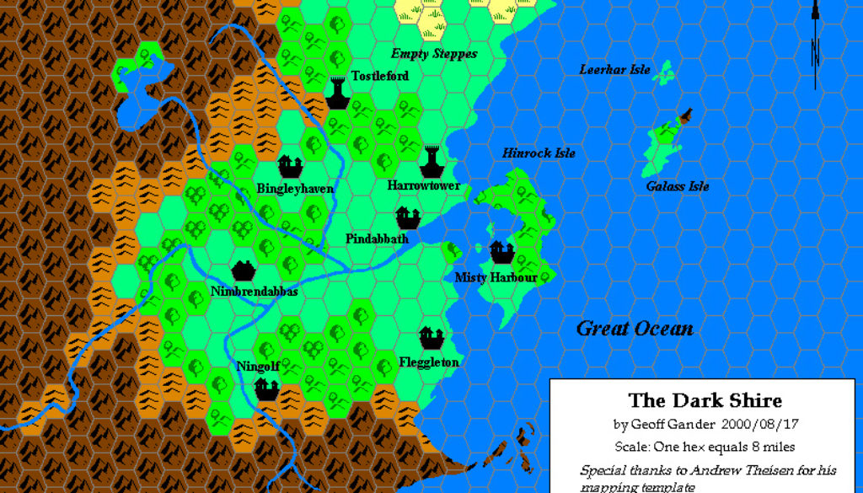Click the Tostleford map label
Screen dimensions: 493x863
click(380, 76)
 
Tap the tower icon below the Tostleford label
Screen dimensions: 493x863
click(338, 93)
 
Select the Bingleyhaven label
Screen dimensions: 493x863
click(295, 189)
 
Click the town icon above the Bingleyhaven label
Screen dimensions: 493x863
click(291, 166)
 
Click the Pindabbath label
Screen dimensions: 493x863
click(377, 239)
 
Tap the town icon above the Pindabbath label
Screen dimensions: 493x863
click(408, 217)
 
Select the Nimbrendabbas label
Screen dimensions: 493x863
click(254, 292)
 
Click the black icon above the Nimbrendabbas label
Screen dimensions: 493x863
click(244, 271)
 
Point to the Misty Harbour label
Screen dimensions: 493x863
click(496, 277)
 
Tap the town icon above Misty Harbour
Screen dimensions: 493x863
click(501, 251)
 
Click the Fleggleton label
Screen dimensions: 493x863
click(429, 362)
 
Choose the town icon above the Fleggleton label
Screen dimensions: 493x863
click(431, 339)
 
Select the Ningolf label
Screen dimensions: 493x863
click(258, 367)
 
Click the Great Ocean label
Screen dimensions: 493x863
click(635, 329)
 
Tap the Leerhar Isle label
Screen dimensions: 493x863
click(614, 69)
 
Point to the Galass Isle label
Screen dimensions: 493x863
click(678, 186)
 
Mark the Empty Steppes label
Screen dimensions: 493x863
click(433, 54)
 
